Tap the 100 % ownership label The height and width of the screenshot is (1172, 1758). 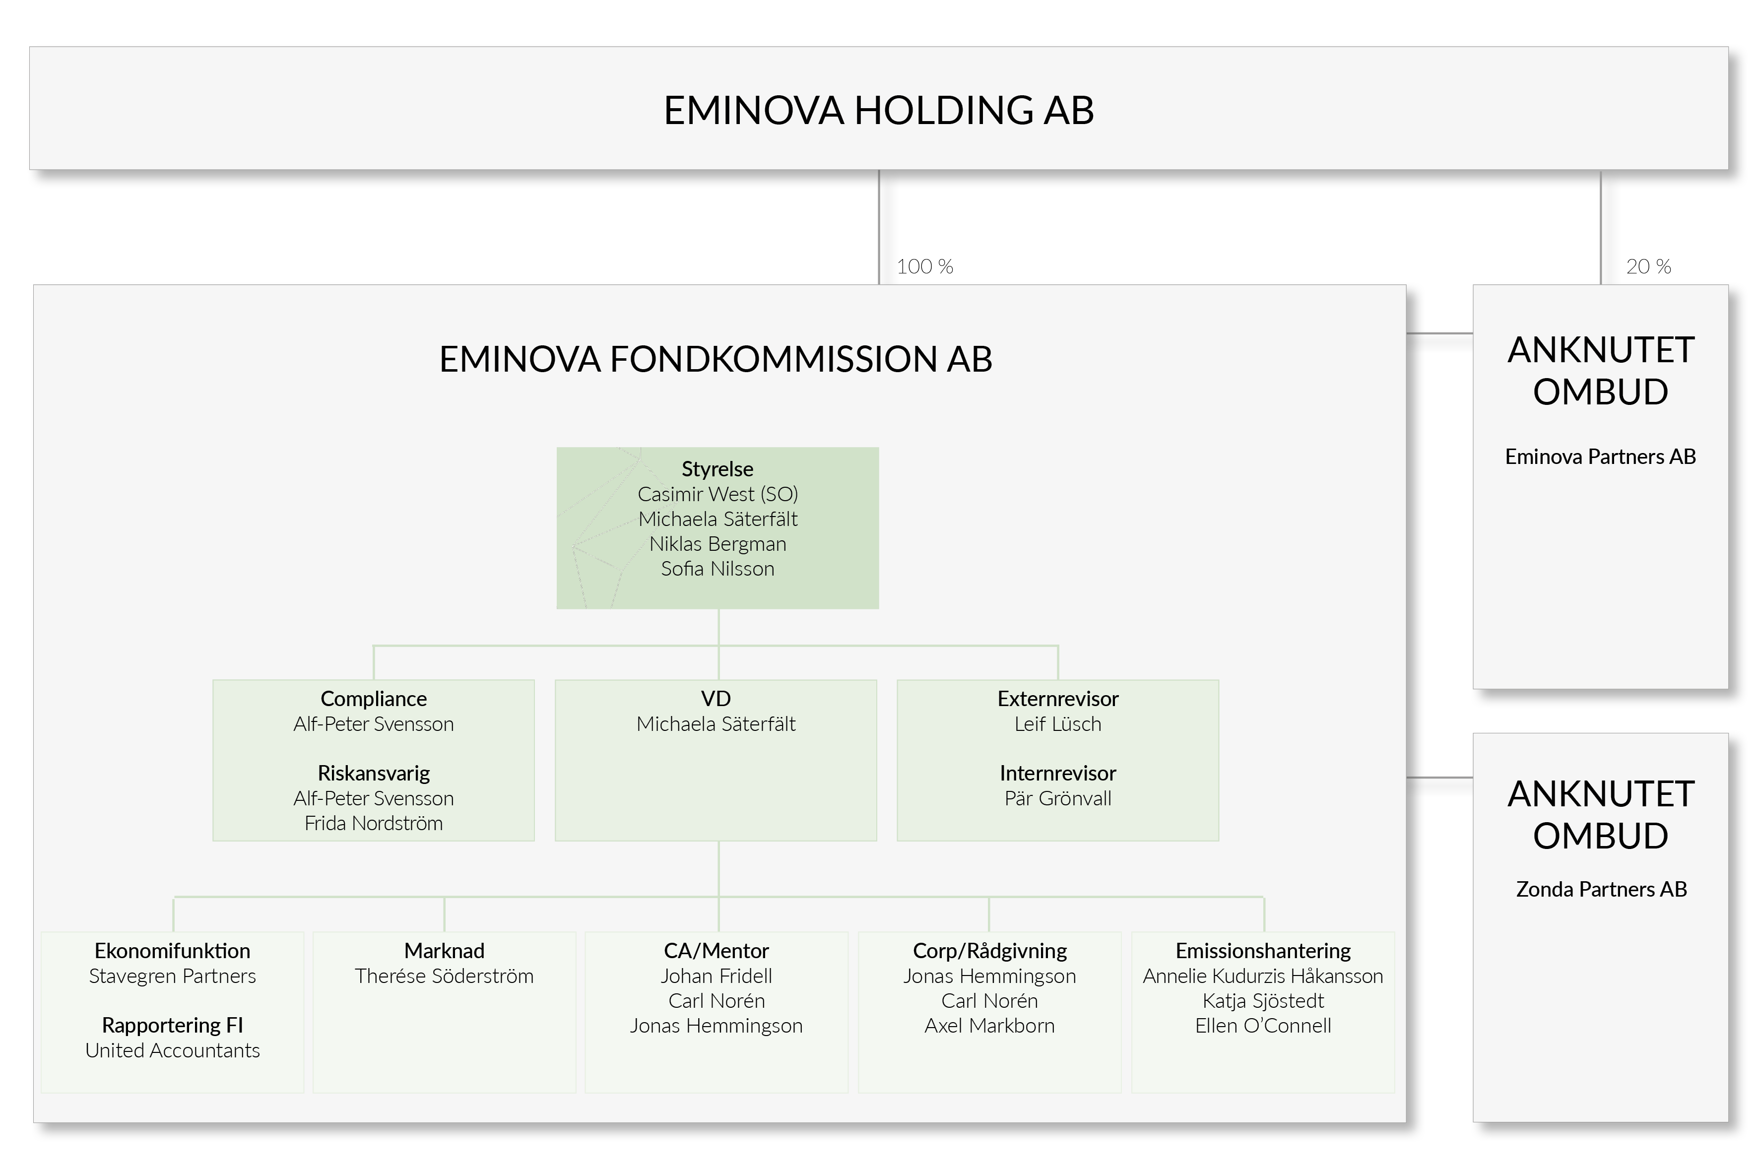[x=924, y=267]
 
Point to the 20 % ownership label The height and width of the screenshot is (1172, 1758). [x=1648, y=267]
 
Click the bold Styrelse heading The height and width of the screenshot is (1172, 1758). [x=717, y=469]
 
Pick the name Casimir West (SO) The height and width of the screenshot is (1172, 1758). [x=717, y=494]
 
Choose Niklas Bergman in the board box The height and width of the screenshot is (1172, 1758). [x=717, y=544]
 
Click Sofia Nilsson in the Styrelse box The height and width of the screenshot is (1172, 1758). [x=717, y=569]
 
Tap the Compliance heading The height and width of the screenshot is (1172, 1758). [x=374, y=699]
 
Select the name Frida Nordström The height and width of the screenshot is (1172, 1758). [x=374, y=823]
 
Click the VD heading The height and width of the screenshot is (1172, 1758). [x=716, y=699]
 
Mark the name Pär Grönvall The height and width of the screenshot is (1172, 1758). [x=1058, y=798]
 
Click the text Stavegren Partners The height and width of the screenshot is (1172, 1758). [x=173, y=976]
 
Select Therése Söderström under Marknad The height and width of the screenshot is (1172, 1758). [x=444, y=976]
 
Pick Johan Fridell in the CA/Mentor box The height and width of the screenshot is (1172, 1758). [x=716, y=976]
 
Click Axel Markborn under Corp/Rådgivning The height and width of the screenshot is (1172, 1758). [x=989, y=1026]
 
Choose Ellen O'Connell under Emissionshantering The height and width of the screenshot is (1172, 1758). [x=1263, y=1026]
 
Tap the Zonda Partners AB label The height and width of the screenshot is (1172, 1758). [x=1601, y=890]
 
